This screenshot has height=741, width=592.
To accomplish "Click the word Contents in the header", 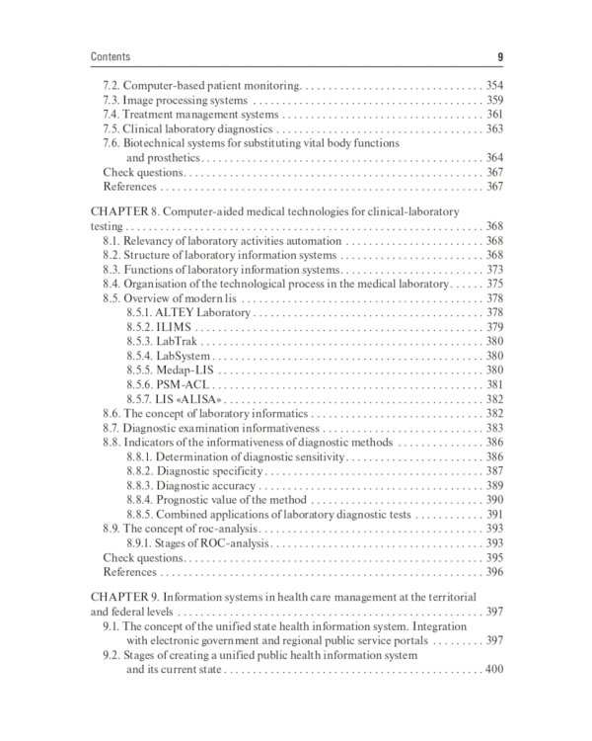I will (x=110, y=56).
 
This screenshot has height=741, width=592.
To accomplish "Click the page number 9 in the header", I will (x=500, y=56).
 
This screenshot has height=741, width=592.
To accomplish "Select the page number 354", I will (x=494, y=86).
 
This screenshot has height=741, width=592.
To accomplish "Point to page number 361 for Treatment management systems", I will (x=494, y=115).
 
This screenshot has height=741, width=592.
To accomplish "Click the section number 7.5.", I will (x=112, y=129).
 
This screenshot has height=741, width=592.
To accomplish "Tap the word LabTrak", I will (x=182, y=341).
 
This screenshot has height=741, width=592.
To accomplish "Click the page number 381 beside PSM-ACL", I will (x=494, y=384).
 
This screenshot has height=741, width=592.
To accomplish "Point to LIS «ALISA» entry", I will (x=185, y=398).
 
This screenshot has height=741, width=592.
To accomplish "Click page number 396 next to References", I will (x=494, y=571).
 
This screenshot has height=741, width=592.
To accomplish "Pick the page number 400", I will (x=494, y=671).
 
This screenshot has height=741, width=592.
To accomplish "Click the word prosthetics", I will (x=174, y=158).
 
